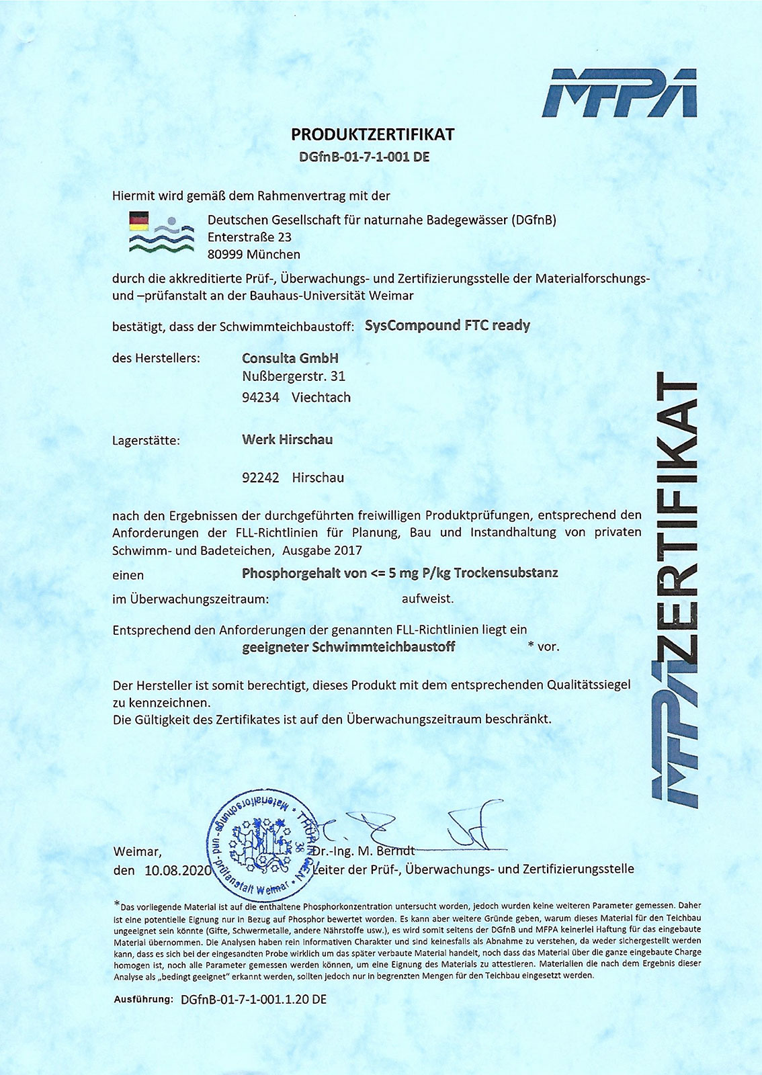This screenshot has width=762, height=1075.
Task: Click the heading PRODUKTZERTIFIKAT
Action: coord(372,134)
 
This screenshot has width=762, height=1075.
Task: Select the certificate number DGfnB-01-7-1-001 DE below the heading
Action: coord(364,157)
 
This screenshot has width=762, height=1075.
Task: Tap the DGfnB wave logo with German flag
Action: coord(161,232)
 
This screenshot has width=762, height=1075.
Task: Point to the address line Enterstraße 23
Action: coord(249,237)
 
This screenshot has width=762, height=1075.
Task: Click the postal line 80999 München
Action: coord(253,255)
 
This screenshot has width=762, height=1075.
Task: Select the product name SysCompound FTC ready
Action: coord(447,326)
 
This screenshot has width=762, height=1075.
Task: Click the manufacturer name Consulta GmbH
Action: coord(290,358)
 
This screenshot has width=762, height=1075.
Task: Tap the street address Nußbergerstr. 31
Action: coord(293,376)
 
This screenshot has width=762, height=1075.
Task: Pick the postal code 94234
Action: coord(260,398)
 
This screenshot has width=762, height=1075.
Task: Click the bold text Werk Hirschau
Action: coord(287,440)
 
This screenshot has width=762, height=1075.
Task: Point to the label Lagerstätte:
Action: coord(146,441)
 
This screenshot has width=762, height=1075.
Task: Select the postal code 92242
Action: coord(260,478)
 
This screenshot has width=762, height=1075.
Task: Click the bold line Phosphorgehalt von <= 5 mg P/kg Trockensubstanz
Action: coord(399,573)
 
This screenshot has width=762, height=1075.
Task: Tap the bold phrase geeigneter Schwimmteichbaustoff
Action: coord(348,647)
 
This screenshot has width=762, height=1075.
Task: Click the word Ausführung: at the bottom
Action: coord(144,999)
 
